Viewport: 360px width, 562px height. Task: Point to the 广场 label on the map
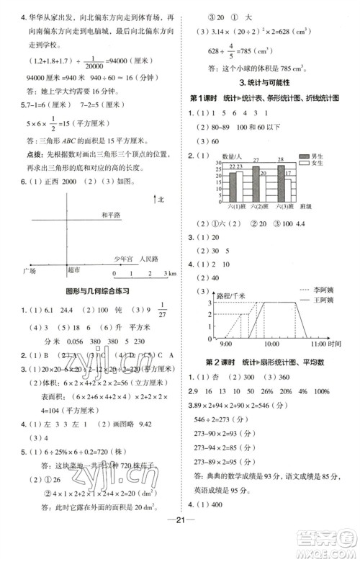pyautogui.click(x=30, y=271)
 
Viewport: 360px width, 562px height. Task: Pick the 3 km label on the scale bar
pyautogui.click(x=168, y=275)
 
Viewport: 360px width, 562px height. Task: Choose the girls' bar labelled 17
pyautogui.click(x=288, y=188)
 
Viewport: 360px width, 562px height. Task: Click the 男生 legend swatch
pyautogui.click(x=305, y=156)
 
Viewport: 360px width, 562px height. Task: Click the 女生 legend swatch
pyautogui.click(x=305, y=163)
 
